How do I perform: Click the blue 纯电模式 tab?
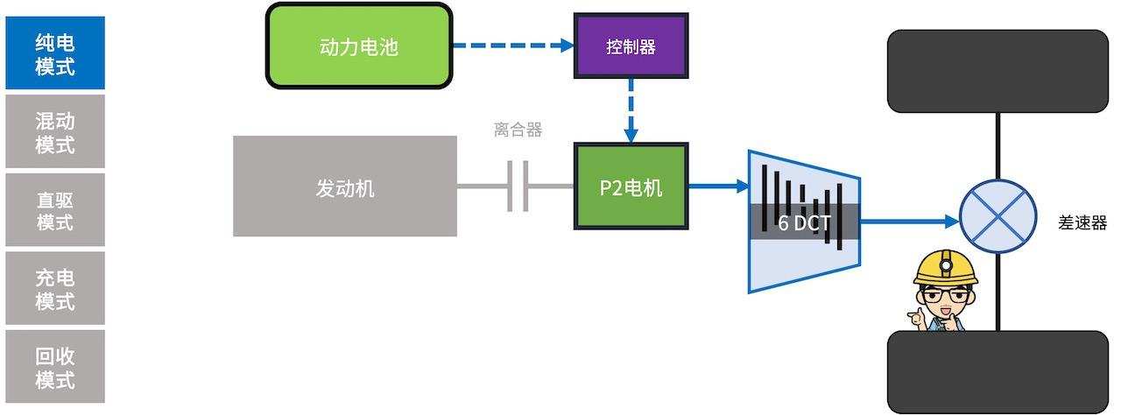coord(55,53)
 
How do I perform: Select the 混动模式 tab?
coord(55,132)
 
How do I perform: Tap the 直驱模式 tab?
coord(55,210)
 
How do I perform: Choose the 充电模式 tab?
coord(55,289)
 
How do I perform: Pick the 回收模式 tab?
coord(55,368)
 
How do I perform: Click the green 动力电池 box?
coord(359,46)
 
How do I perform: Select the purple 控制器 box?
coord(631,46)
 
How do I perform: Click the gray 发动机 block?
coord(345,186)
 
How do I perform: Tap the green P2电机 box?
coord(631,186)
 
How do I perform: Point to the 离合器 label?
coord(518,130)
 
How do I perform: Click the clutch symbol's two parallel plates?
coord(518,186)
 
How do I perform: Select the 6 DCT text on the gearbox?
coord(804,222)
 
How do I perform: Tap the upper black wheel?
coord(998,71)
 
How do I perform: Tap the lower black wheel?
coord(998,371)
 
